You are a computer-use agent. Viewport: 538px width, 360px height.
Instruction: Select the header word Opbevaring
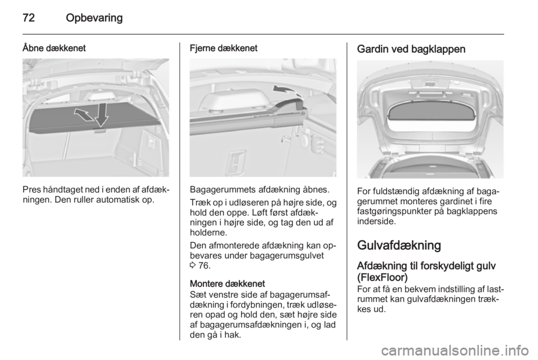click(x=94, y=18)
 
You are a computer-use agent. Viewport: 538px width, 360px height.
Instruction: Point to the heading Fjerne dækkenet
click(x=224, y=49)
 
